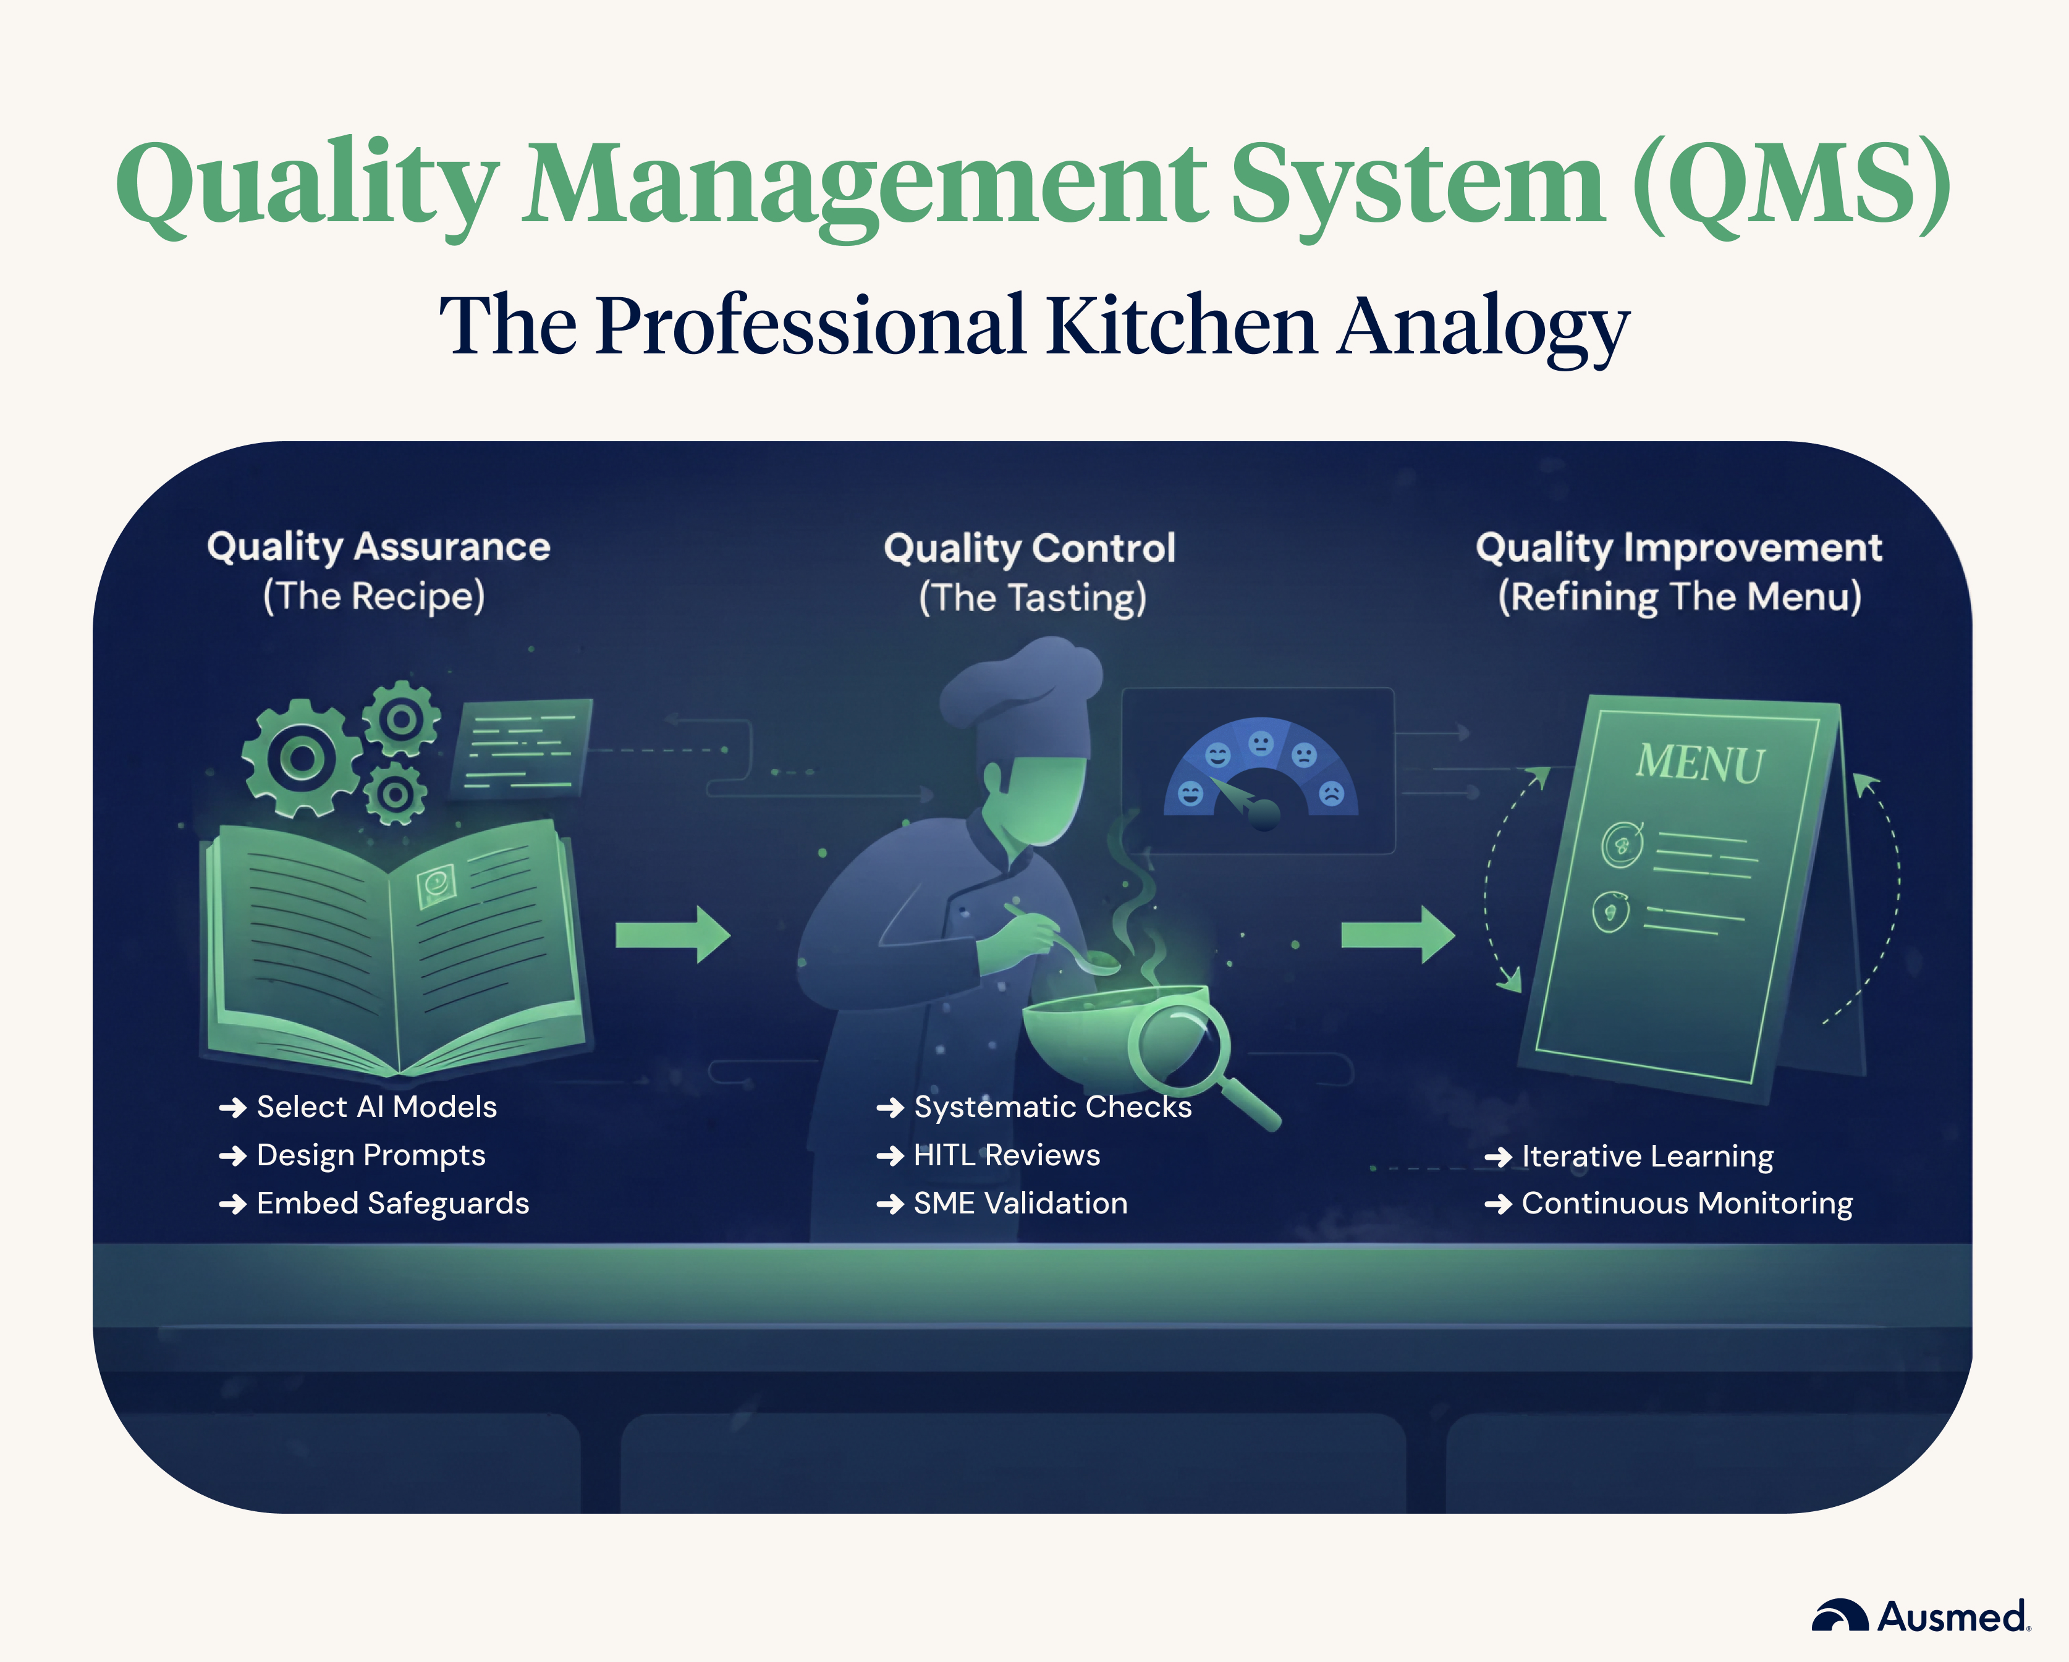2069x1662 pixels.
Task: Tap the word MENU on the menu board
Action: [1699, 764]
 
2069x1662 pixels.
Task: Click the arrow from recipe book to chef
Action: [673, 934]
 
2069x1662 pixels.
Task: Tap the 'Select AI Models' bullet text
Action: [376, 1107]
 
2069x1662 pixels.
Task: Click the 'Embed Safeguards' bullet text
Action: [392, 1204]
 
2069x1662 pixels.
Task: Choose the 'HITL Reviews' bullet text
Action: [1007, 1155]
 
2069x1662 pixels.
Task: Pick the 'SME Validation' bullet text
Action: [1020, 1204]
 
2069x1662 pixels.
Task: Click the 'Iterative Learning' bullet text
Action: [1647, 1157]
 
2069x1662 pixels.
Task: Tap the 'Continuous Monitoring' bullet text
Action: [1686, 1204]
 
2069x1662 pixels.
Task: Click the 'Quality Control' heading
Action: [1030, 548]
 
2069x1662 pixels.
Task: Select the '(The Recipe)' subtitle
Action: [374, 596]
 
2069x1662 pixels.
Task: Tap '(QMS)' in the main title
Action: [1791, 182]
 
